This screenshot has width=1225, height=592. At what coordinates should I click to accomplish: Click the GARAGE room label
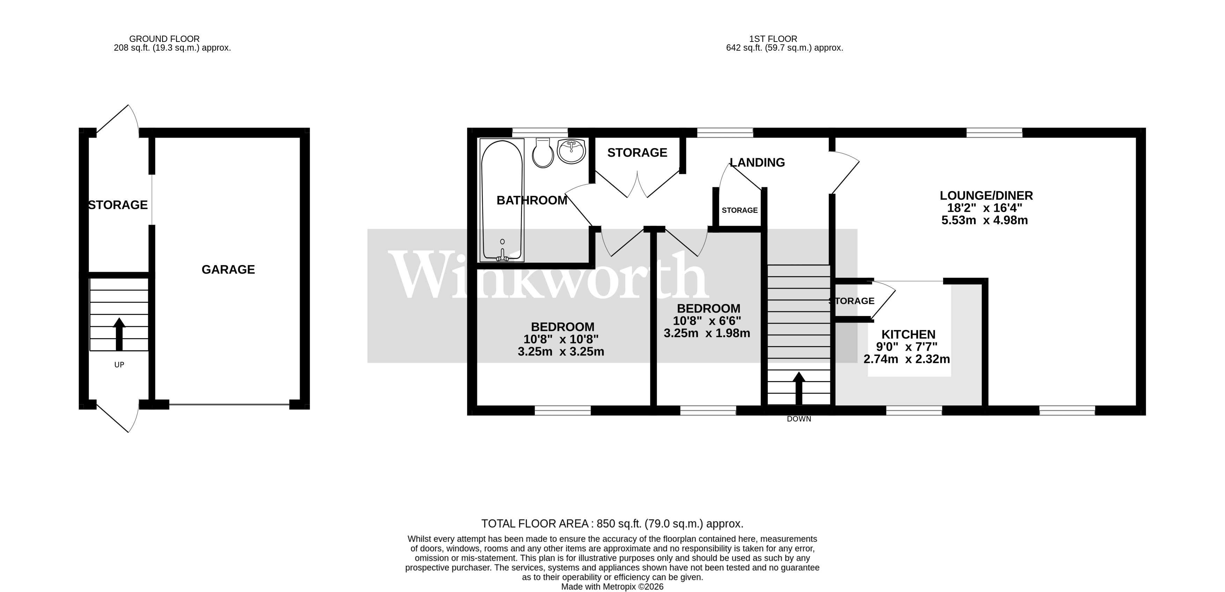click(x=228, y=270)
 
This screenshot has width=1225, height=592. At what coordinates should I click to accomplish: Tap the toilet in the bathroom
click(x=542, y=153)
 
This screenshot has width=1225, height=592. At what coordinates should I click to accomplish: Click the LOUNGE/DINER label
click(x=986, y=196)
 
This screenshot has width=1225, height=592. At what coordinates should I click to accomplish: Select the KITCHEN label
click(x=908, y=334)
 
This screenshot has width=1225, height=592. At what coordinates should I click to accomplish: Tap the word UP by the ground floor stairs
click(x=119, y=365)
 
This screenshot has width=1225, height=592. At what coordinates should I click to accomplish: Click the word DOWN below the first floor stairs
click(x=799, y=419)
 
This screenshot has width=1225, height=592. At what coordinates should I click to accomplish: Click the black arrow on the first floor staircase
click(x=799, y=388)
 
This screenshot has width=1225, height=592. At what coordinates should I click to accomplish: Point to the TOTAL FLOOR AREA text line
click(x=612, y=524)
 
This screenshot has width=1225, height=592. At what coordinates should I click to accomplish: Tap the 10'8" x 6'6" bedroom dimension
click(x=707, y=321)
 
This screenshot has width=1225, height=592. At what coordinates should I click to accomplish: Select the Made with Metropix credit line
click(x=612, y=587)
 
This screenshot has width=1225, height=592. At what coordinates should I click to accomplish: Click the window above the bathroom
click(x=540, y=132)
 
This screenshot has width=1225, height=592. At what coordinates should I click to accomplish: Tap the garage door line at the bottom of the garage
click(x=229, y=405)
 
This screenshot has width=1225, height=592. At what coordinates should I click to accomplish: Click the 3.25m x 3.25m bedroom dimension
click(x=561, y=352)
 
